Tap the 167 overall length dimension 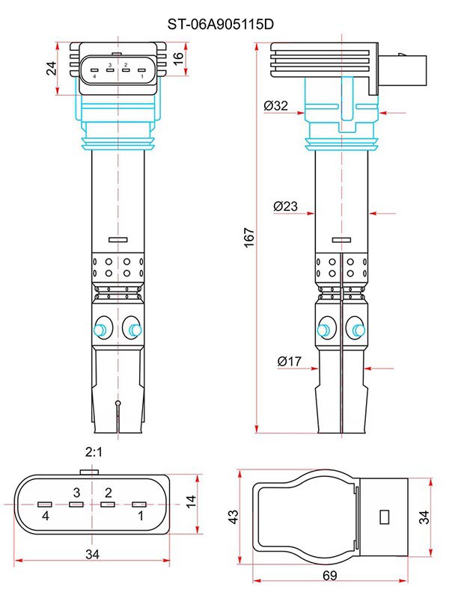pos(250,237)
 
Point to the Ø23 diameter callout pos(286,205)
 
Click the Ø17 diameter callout pos(289,362)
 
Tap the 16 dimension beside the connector pos(179,58)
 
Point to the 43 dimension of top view pos(233,517)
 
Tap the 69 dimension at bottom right pos(330,575)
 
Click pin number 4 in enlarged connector pos(46,517)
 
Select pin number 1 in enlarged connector pos(140,517)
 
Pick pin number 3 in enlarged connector pos(76,492)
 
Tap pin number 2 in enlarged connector pos(109,492)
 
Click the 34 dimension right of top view pos(424,516)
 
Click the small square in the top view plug pos(385,516)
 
